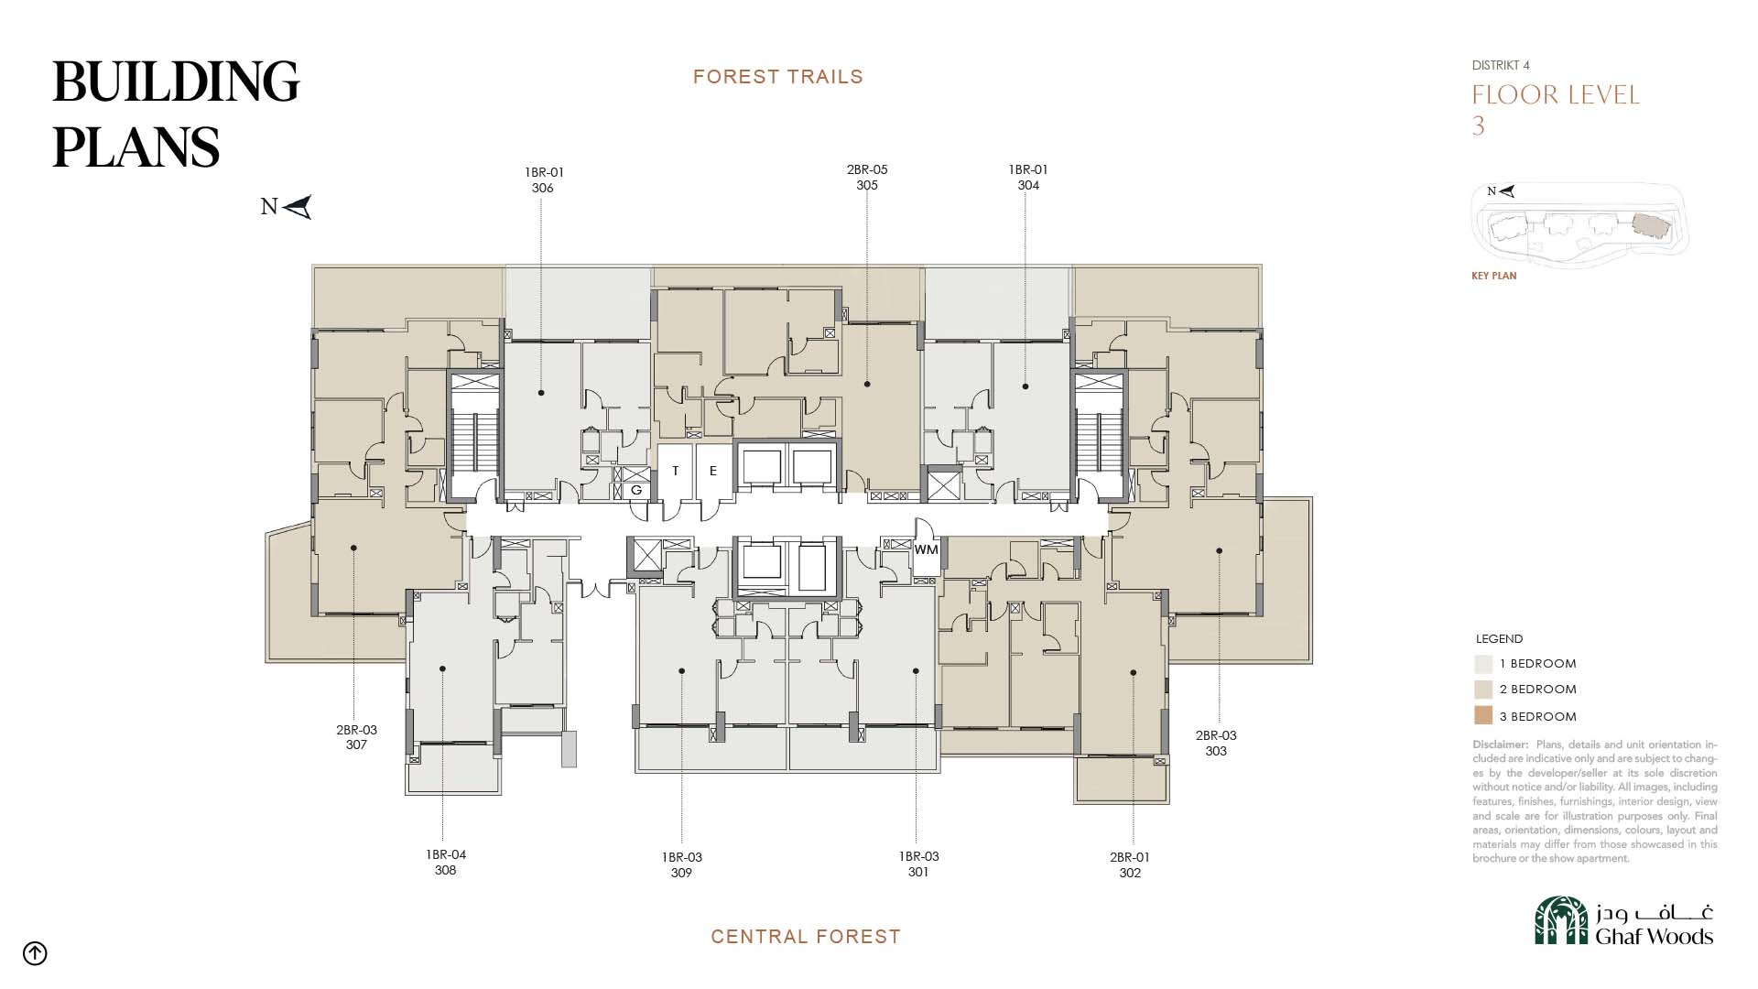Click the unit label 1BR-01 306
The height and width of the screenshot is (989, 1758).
pyautogui.click(x=544, y=179)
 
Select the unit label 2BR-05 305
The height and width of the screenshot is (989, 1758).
pyautogui.click(x=867, y=177)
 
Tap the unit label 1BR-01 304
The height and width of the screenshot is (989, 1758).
pyautogui.click(x=1028, y=177)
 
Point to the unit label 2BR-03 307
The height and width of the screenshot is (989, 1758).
pyautogui.click(x=356, y=737)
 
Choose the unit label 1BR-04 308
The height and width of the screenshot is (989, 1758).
pyautogui.click(x=446, y=862)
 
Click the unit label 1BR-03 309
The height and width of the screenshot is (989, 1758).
pyautogui.click(x=682, y=864)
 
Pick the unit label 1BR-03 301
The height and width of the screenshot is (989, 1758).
pyautogui.click(x=918, y=864)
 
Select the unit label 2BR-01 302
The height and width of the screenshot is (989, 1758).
pyautogui.click(x=1130, y=864)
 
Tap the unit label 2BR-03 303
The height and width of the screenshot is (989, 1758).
pyautogui.click(x=1216, y=743)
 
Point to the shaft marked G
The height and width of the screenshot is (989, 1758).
pyautogui.click(x=636, y=491)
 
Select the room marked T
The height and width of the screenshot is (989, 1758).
pyautogui.click(x=676, y=471)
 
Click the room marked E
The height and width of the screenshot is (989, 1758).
pyautogui.click(x=713, y=471)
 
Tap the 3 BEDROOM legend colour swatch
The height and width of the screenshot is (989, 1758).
pyautogui.click(x=1483, y=716)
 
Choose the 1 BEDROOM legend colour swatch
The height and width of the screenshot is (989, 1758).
pyautogui.click(x=1483, y=664)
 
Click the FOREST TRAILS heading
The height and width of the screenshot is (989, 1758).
pyautogui.click(x=778, y=77)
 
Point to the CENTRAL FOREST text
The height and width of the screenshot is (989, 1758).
pyautogui.click(x=806, y=937)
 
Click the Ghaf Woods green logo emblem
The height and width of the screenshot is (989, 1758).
pyautogui.click(x=1561, y=920)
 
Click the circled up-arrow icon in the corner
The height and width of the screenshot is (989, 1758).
pyautogui.click(x=35, y=953)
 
